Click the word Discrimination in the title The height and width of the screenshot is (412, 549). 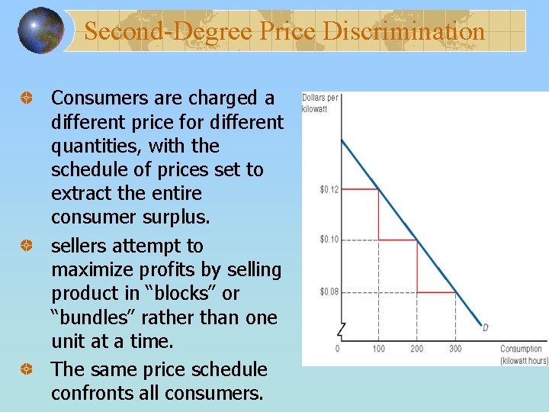[x=404, y=31]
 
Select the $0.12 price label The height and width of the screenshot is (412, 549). [x=329, y=189]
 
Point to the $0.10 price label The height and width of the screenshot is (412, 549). [x=329, y=240]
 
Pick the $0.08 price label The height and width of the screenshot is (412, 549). [x=329, y=291]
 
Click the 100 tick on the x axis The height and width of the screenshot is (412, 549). [x=378, y=349]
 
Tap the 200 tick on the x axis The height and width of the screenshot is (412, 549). [x=416, y=349]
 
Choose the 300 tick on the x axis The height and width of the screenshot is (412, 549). [x=454, y=349]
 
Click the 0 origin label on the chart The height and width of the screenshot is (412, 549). [x=338, y=349]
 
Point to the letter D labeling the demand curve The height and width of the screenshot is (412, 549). [x=485, y=328]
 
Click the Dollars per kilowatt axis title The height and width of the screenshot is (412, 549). [x=320, y=103]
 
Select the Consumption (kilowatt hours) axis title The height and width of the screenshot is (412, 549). [x=523, y=354]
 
